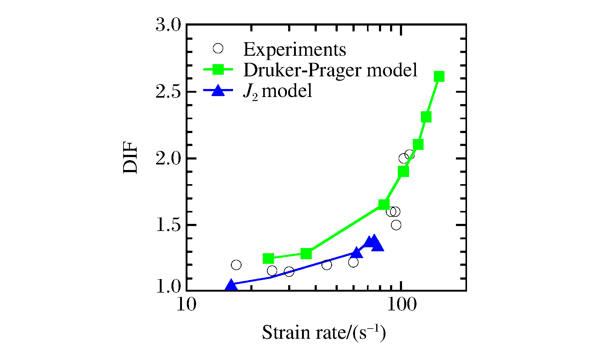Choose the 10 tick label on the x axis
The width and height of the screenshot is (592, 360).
(187, 305)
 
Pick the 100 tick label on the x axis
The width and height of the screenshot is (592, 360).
(401, 305)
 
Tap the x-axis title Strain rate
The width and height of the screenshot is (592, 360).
(324, 333)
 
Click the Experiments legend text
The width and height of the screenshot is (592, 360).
(295, 49)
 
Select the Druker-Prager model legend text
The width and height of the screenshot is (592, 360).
(330, 70)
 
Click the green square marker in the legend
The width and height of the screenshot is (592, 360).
(218, 70)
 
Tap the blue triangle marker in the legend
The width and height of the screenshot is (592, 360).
(218, 91)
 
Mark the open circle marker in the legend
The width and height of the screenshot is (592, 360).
(218, 49)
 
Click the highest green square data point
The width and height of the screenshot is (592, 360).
(439, 76)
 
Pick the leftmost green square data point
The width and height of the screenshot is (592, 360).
(268, 258)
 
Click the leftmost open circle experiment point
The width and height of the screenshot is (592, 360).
(236, 265)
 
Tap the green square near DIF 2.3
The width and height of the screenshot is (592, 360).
(426, 117)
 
